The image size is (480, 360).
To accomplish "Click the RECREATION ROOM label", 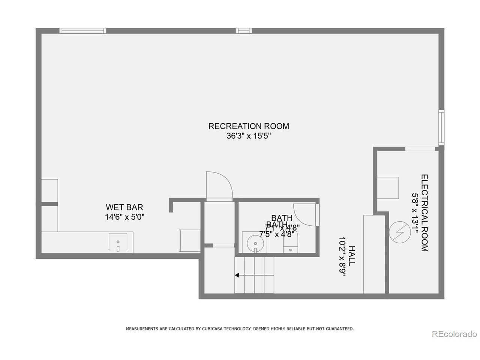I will point(249,126).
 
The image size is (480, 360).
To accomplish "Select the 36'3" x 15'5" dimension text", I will point(249,136).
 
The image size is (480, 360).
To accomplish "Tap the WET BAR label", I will point(124,207).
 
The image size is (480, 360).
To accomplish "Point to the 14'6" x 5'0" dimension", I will point(124,217).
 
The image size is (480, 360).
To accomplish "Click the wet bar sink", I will point(118,242).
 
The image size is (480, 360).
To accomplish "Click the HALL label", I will point(352,256).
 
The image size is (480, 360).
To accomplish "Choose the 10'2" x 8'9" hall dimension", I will point(342,256).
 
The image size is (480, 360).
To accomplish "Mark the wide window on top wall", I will point(82,31).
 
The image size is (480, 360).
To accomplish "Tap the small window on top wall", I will point(243,31).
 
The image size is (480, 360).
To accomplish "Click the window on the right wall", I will point(441,127).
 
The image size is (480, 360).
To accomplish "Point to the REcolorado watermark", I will point(454,334).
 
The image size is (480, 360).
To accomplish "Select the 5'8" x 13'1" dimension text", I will point(415,213).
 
